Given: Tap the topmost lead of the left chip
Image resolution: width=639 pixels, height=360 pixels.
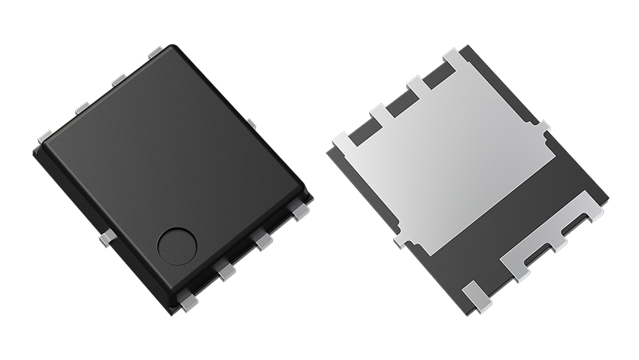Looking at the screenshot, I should pos(155,52).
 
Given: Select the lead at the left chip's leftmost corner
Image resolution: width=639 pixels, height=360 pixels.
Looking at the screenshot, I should pos(45,137).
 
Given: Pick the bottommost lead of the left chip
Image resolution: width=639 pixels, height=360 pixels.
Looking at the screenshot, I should pos(187,296).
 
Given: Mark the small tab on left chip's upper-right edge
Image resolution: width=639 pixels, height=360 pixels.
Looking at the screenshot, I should pos(251,123).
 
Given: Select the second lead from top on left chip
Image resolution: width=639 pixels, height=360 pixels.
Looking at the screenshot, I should pos(119,80).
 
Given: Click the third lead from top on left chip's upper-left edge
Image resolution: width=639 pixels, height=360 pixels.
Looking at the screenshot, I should pos(81,108).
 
